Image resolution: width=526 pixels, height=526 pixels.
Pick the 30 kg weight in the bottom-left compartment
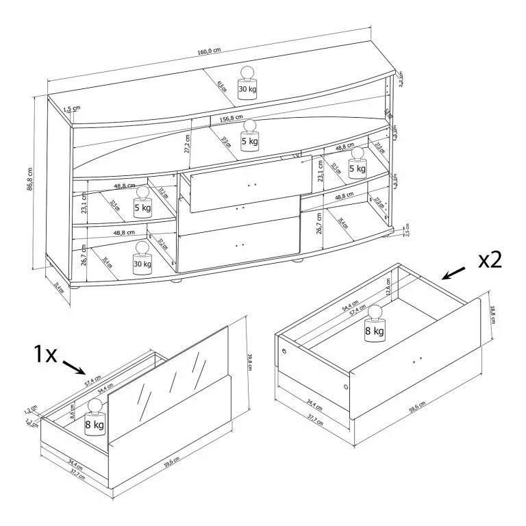click(x=142, y=259)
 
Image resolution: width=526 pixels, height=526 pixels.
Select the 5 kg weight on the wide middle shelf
click(x=249, y=134)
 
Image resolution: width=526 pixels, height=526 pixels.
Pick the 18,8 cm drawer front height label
click(x=492, y=318)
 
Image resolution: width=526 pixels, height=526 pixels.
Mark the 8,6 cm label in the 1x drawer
click(x=73, y=413)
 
